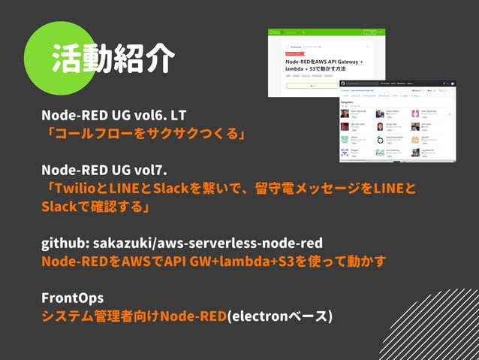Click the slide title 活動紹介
(113, 59)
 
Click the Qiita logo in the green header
(277, 32)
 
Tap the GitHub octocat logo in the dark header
(342, 83)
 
